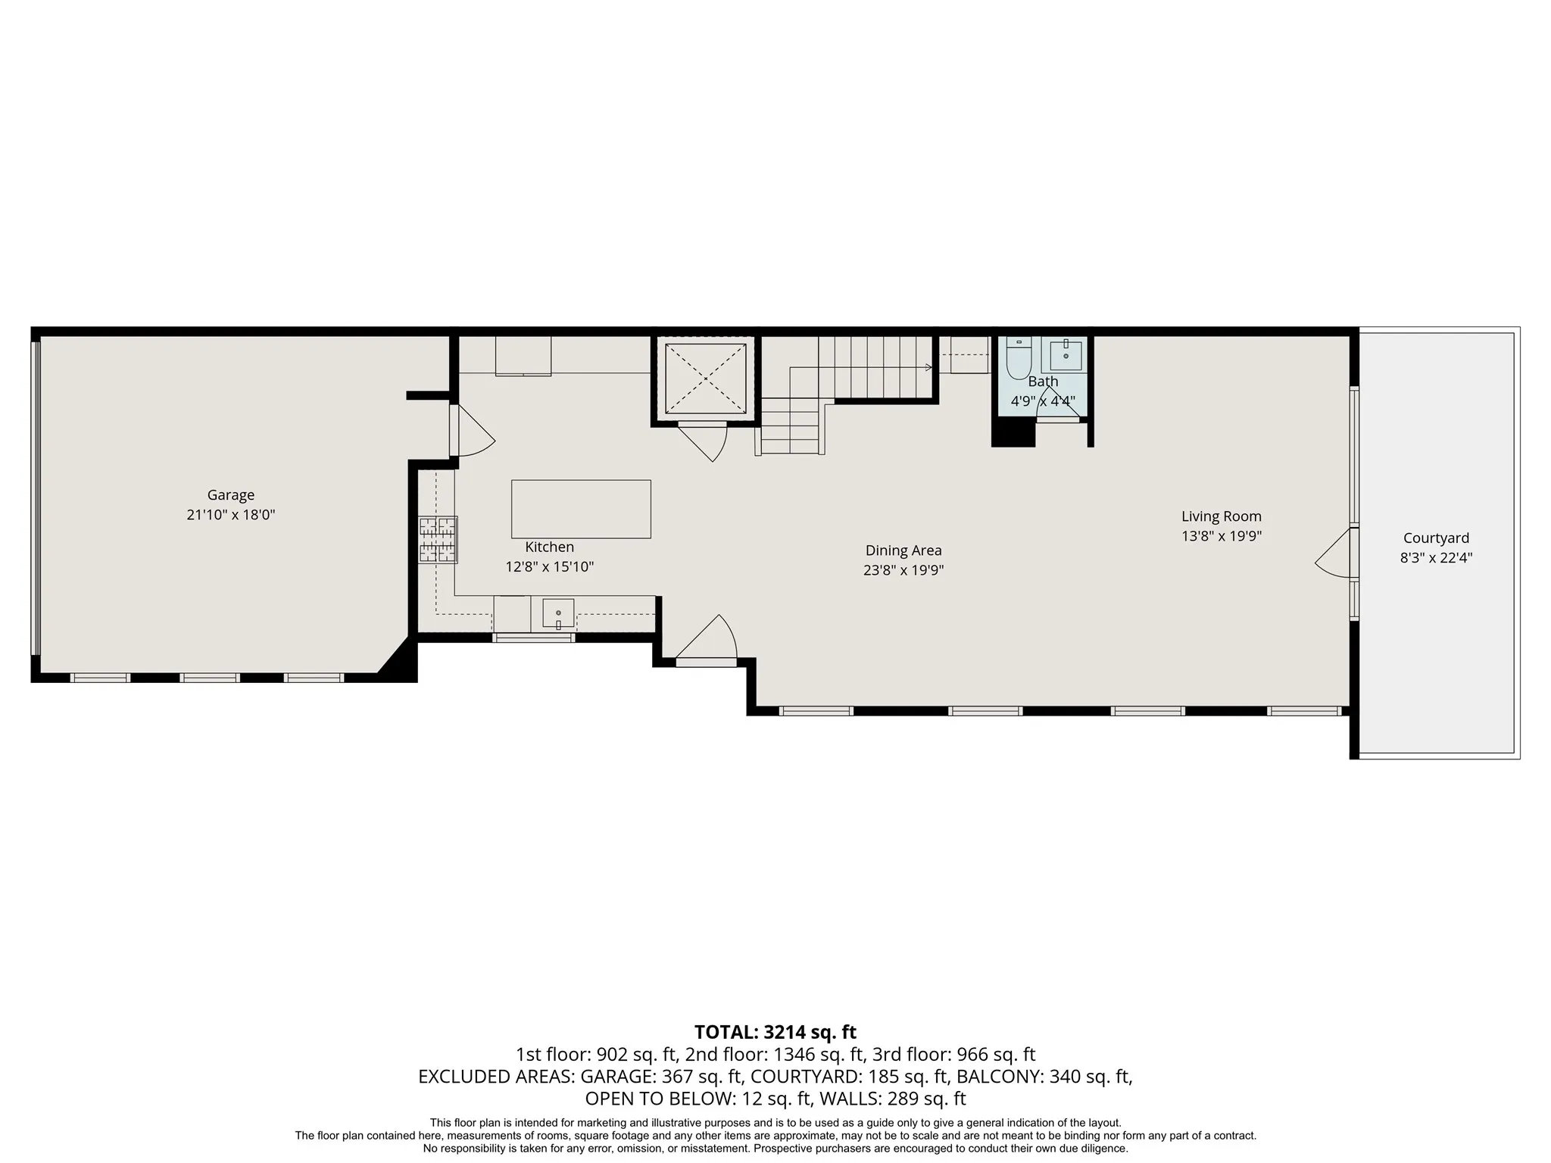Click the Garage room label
231,495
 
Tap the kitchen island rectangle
581,509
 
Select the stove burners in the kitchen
438,539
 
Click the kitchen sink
558,613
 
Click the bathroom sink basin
1066,354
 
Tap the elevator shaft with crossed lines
705,378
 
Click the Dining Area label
903,550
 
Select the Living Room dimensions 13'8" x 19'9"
1222,536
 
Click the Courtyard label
1436,538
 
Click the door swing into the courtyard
1333,553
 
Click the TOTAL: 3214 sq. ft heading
775,1032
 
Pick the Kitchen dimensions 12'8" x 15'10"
550,567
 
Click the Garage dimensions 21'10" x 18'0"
231,515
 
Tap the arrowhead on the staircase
929,368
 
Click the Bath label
1043,382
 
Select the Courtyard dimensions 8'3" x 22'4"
1436,558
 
